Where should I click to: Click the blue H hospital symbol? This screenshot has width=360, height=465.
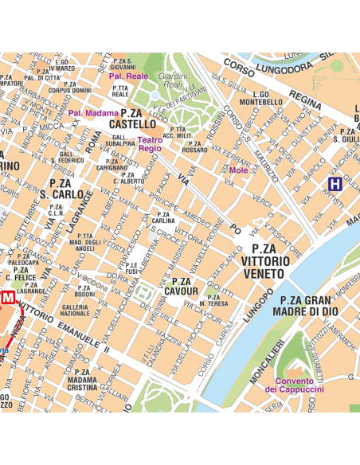(x=335, y=184)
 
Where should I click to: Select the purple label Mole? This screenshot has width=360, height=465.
(x=238, y=170)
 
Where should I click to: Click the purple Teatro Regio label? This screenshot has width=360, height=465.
(x=150, y=144)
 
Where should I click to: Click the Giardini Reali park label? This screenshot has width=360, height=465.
(x=171, y=80)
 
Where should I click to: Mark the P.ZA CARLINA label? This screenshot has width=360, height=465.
(x=163, y=218)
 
